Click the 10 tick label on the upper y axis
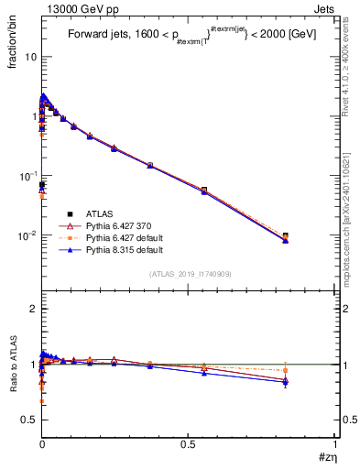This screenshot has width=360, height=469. pyautogui.click(x=29, y=57)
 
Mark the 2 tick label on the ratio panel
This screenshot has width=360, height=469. pyautogui.click(x=33, y=310)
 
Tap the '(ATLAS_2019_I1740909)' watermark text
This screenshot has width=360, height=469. pyautogui.click(x=189, y=275)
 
